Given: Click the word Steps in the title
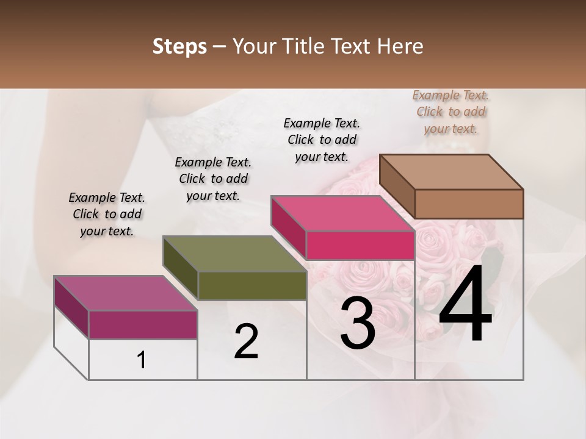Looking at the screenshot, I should point(179,46).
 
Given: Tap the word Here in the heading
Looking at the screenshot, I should point(399,46).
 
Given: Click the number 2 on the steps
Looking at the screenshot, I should point(246,341).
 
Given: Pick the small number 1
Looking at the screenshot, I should point(142,360).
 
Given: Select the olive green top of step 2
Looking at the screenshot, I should point(234,254).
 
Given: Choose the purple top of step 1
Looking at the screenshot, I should point(126,293).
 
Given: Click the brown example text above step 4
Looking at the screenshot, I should point(450,112).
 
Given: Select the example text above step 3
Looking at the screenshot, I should point(322,140).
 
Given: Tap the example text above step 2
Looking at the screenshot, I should point(213,179).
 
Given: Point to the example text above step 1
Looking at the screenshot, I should point(107,214).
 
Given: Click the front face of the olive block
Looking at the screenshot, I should point(252,285).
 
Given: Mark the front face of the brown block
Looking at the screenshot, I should point(469,204).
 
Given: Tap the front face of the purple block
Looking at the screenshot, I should point(143,324).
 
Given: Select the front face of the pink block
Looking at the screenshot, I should point(360,245).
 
